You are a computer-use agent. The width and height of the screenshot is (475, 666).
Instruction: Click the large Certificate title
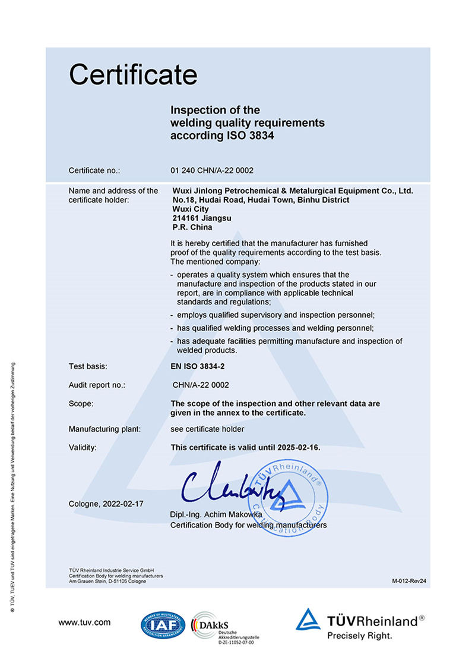coord(133,74)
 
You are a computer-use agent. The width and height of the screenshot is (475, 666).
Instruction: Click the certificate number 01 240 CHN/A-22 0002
coord(212,171)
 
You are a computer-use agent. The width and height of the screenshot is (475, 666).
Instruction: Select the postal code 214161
coord(184,218)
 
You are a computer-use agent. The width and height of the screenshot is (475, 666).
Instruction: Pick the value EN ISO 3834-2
coord(199,367)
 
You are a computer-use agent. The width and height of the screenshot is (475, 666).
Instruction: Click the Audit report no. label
coord(97,385)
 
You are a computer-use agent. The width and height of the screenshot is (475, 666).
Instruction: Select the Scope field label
coord(81,404)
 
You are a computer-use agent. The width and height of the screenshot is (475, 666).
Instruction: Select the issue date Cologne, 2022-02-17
coord(106,504)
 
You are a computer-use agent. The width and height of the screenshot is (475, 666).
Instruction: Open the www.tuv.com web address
coord(84,623)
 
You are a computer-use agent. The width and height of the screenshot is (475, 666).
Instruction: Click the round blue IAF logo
coord(163,624)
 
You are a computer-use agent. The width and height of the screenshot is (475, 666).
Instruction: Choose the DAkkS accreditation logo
coord(215,625)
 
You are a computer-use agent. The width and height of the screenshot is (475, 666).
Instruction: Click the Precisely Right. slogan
coord(360,636)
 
